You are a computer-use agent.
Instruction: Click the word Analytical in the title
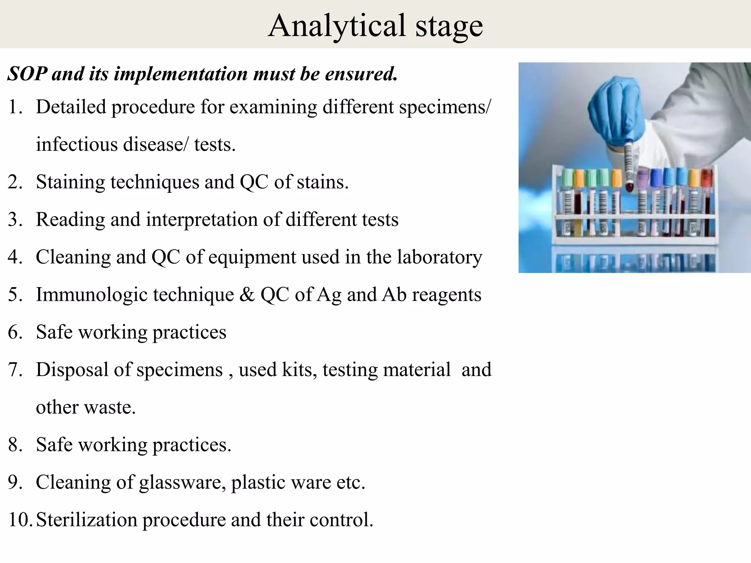337,26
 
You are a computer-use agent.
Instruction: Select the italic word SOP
27,74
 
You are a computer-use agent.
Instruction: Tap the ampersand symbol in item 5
247,295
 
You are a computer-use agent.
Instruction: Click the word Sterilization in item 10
87,520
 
